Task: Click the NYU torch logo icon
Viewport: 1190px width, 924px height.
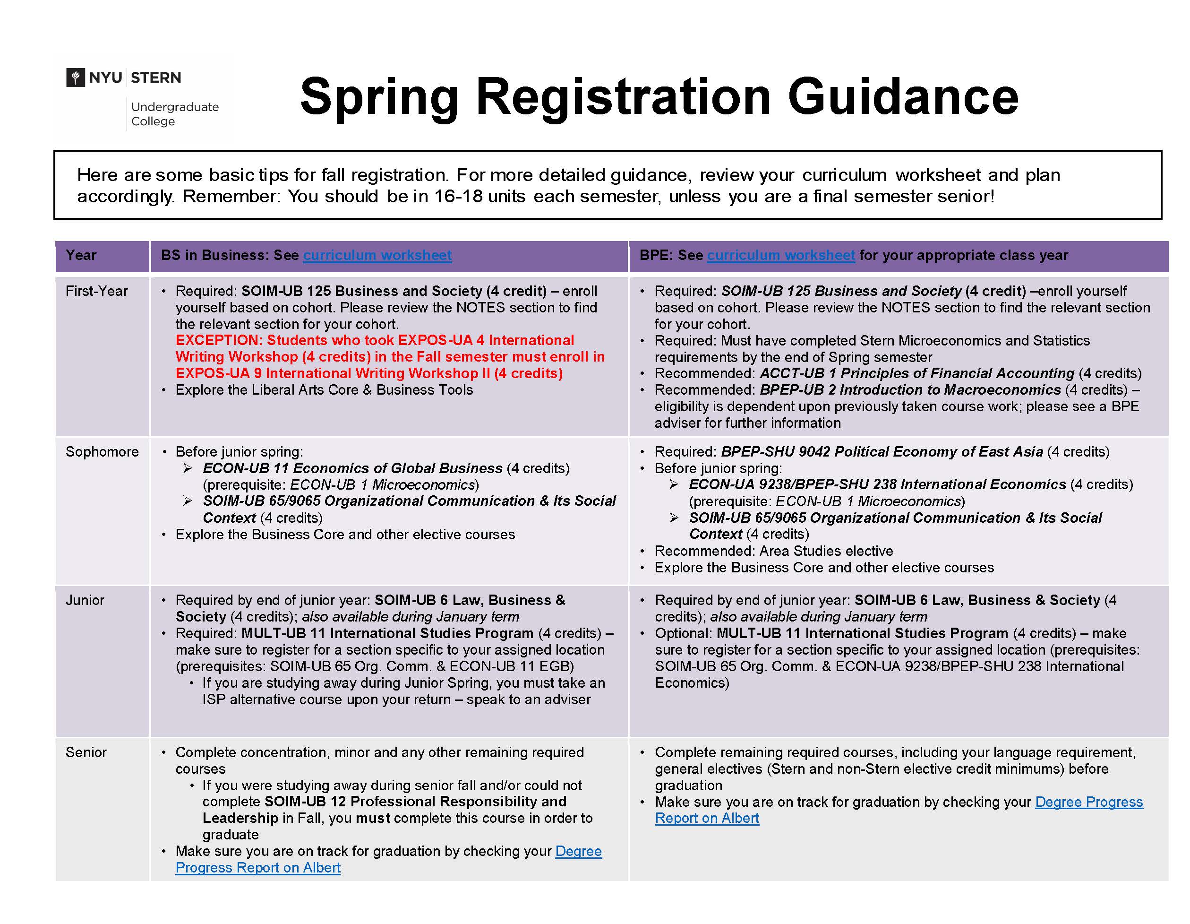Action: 75,78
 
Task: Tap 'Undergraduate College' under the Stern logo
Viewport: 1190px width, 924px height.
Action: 174,114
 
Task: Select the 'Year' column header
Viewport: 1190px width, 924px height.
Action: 81,255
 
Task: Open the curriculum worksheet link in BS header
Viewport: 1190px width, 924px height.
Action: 377,255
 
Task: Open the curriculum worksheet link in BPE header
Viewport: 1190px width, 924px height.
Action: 780,255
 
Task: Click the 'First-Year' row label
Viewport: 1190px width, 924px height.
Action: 96,291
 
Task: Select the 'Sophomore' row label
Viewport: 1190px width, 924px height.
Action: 102,452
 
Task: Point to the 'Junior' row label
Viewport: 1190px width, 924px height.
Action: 85,600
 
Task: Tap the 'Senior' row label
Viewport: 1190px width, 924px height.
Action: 86,752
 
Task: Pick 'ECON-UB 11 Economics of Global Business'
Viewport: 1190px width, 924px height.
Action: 352,468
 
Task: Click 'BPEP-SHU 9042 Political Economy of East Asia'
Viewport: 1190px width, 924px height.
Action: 882,452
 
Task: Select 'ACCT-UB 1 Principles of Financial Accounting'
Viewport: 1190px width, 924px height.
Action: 916,373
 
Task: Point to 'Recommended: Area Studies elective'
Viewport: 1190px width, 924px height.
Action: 774,551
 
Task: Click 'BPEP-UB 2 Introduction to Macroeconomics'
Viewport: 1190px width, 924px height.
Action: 910,390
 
